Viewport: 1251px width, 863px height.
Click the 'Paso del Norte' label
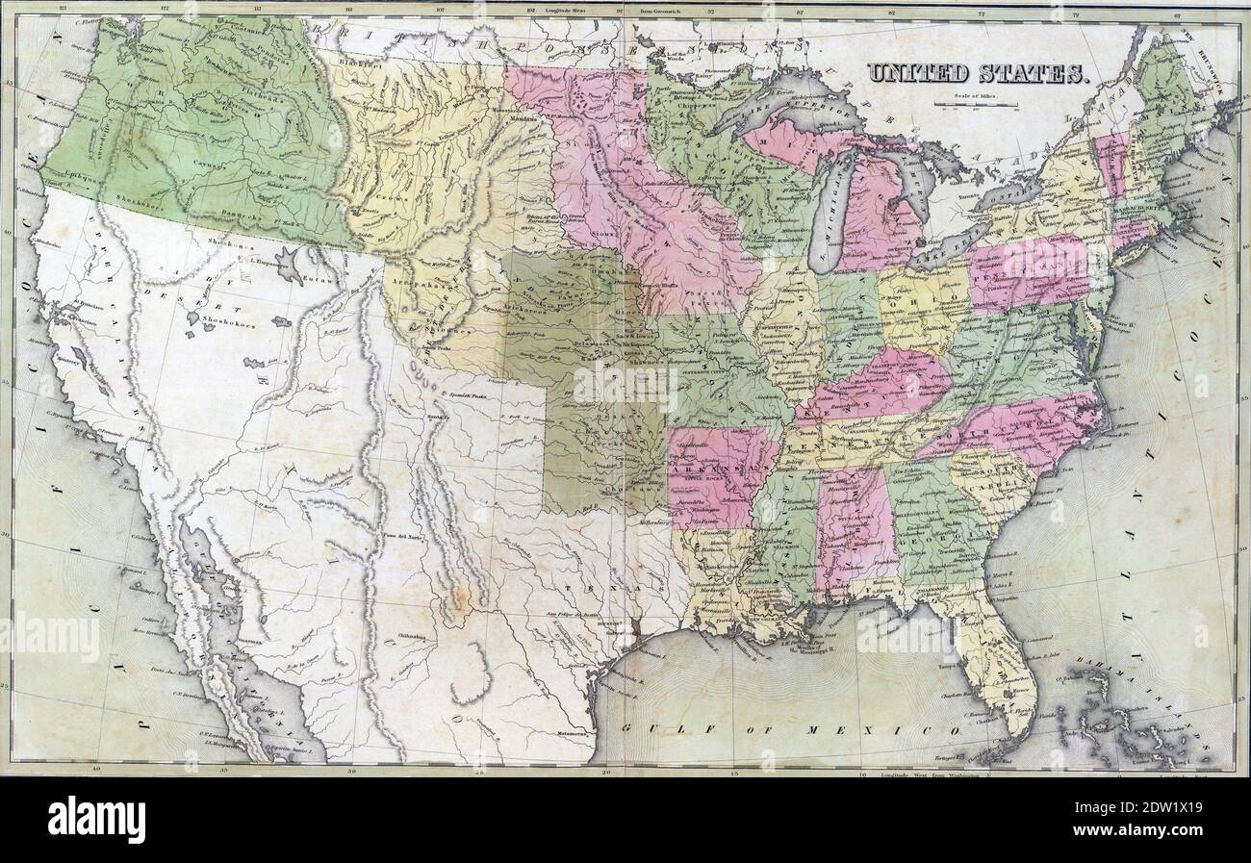click(402, 535)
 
